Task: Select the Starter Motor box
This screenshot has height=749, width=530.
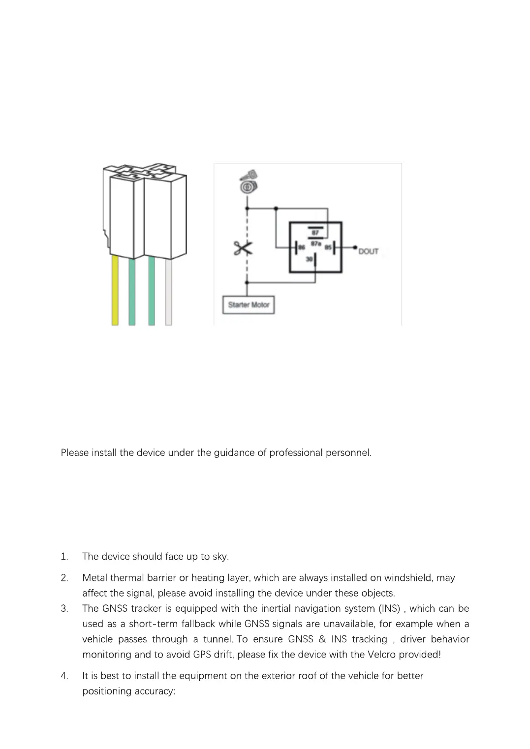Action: pyautogui.click(x=249, y=305)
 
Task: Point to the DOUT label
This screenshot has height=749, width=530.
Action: pyautogui.click(x=368, y=251)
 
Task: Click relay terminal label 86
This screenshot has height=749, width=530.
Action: pyautogui.click(x=302, y=248)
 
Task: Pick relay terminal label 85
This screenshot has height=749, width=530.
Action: pyautogui.click(x=328, y=248)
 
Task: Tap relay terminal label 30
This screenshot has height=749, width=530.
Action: pyautogui.click(x=310, y=259)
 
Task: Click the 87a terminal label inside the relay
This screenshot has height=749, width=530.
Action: pyautogui.click(x=315, y=243)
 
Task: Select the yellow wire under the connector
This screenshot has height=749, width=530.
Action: pyautogui.click(x=115, y=290)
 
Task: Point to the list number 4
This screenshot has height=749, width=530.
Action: pyautogui.click(x=64, y=676)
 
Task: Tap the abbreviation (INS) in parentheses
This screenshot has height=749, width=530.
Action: pyautogui.click(x=389, y=608)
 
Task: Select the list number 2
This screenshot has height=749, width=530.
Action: pyautogui.click(x=64, y=578)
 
